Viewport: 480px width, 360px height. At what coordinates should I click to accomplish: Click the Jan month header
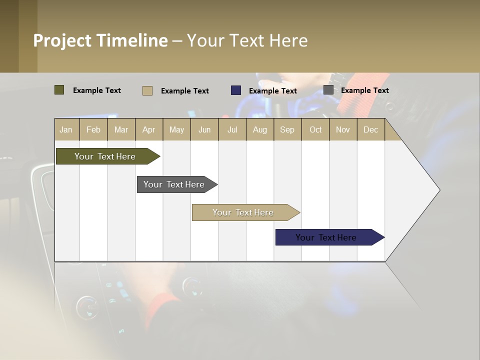pyautogui.click(x=66, y=129)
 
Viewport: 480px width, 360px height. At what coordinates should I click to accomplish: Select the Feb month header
pyautogui.click(x=93, y=129)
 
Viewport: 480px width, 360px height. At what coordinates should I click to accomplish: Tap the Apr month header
pyautogui.click(x=148, y=129)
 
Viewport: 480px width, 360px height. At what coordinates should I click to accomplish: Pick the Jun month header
pyautogui.click(x=204, y=129)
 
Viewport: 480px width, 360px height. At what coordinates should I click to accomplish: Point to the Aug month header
pyautogui.click(x=259, y=129)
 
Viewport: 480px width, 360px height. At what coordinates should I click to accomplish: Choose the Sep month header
pyautogui.click(x=287, y=129)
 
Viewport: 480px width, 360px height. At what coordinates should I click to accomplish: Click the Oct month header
pyautogui.click(x=315, y=129)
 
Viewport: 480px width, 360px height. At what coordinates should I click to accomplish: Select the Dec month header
pyautogui.click(x=370, y=129)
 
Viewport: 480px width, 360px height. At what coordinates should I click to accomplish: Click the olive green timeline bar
pyautogui.click(x=105, y=156)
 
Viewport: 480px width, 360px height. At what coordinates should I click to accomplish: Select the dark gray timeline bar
pyautogui.click(x=174, y=184)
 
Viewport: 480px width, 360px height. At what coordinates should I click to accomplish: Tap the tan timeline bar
pyautogui.click(x=243, y=212)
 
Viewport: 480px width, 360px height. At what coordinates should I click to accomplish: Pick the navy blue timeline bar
pyautogui.click(x=326, y=237)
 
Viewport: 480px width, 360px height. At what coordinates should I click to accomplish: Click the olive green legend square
pyautogui.click(x=59, y=90)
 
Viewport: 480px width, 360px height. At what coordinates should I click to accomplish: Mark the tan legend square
pyautogui.click(x=147, y=90)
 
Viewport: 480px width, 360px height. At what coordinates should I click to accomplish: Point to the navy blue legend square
pyautogui.click(x=236, y=90)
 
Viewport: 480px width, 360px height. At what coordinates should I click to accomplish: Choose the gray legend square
pyautogui.click(x=328, y=90)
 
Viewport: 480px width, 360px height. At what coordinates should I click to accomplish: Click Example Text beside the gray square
pyautogui.click(x=364, y=90)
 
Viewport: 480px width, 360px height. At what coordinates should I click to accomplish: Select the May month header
pyautogui.click(x=176, y=129)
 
